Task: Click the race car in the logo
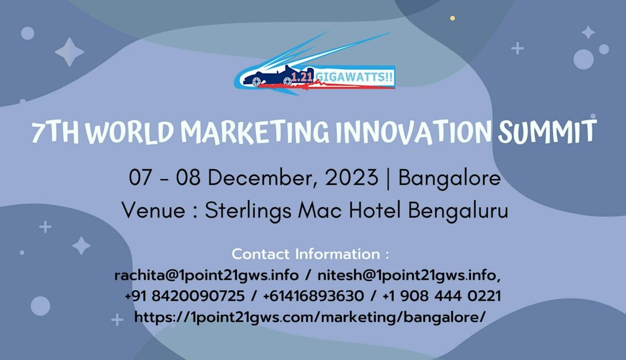click(271, 77)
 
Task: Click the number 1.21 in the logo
click(302, 76)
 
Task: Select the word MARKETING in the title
click(255, 132)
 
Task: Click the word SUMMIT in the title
click(547, 131)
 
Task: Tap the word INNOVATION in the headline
click(414, 132)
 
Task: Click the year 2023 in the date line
click(351, 178)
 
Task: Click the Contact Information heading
click(310, 254)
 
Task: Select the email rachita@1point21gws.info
click(207, 275)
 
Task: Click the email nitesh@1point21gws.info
click(409, 275)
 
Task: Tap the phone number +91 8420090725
click(184, 296)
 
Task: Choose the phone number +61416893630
click(314, 296)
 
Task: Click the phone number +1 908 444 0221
click(442, 296)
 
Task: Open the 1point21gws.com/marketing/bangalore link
click(310, 317)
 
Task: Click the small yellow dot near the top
click(453, 18)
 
